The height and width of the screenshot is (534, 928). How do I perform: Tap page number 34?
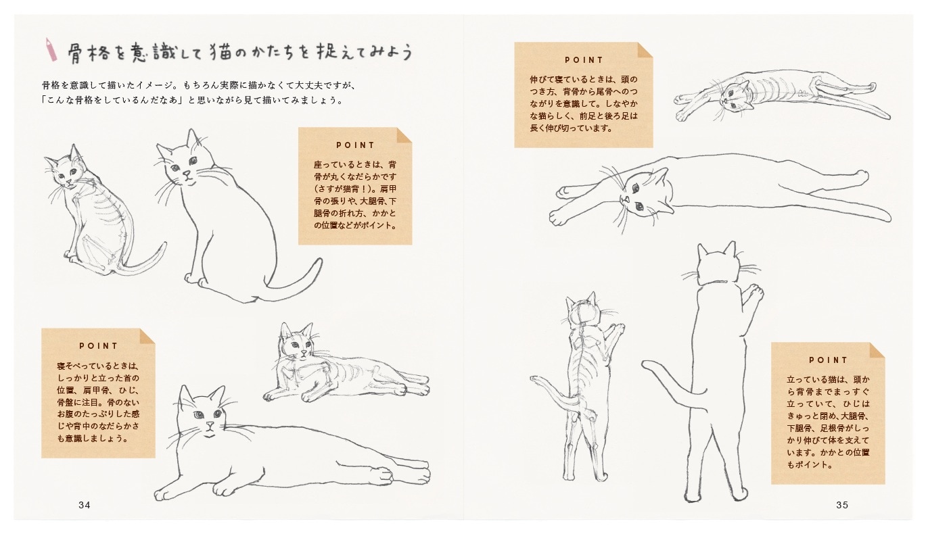click(x=85, y=505)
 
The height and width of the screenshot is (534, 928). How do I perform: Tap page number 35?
click(x=842, y=505)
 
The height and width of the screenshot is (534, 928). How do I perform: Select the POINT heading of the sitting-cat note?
click(x=355, y=145)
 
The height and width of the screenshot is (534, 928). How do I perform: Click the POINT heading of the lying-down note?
click(x=98, y=346)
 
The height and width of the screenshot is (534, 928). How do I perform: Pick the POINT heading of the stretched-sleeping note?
click(x=584, y=60)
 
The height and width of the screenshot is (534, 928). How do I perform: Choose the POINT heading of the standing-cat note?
click(x=828, y=360)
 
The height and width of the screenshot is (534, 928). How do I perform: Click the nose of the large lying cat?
click(x=210, y=426)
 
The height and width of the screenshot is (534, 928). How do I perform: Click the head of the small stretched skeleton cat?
click(x=735, y=95)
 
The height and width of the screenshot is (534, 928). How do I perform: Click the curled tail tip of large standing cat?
click(x=647, y=365)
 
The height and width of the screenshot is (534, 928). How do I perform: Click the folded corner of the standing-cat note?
click(x=877, y=350)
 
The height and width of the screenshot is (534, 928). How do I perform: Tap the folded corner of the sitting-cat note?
click(x=404, y=135)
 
